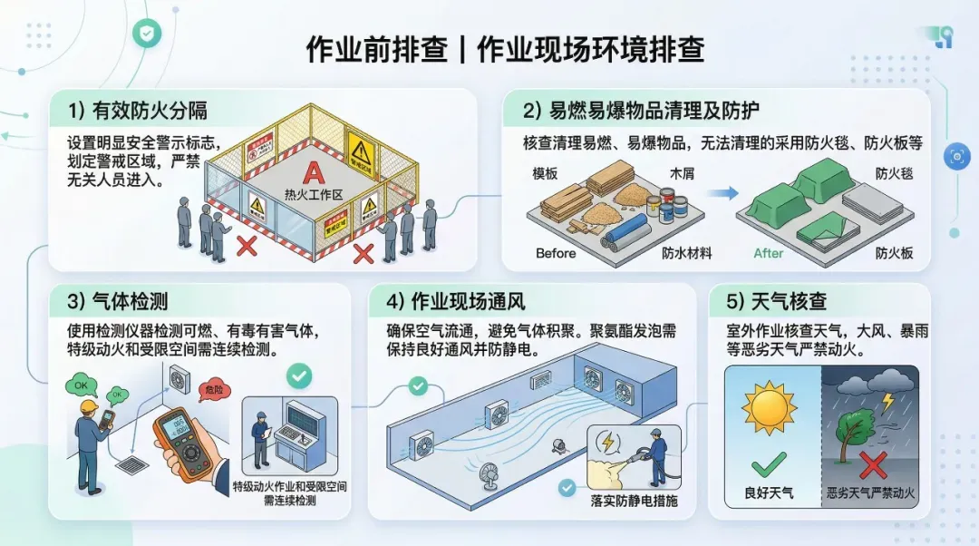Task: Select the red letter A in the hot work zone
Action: (x=312, y=172)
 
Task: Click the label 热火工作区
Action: (x=312, y=193)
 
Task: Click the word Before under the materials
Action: (x=556, y=253)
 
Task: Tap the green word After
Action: (x=768, y=253)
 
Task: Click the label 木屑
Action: (x=682, y=172)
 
